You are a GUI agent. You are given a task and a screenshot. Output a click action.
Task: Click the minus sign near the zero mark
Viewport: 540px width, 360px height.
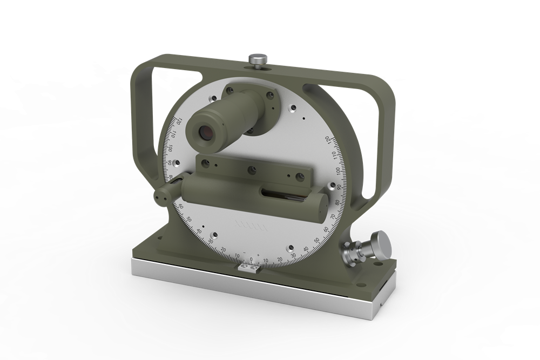(x=244, y=253)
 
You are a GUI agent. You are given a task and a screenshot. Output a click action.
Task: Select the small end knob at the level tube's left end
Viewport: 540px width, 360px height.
(x=161, y=198)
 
